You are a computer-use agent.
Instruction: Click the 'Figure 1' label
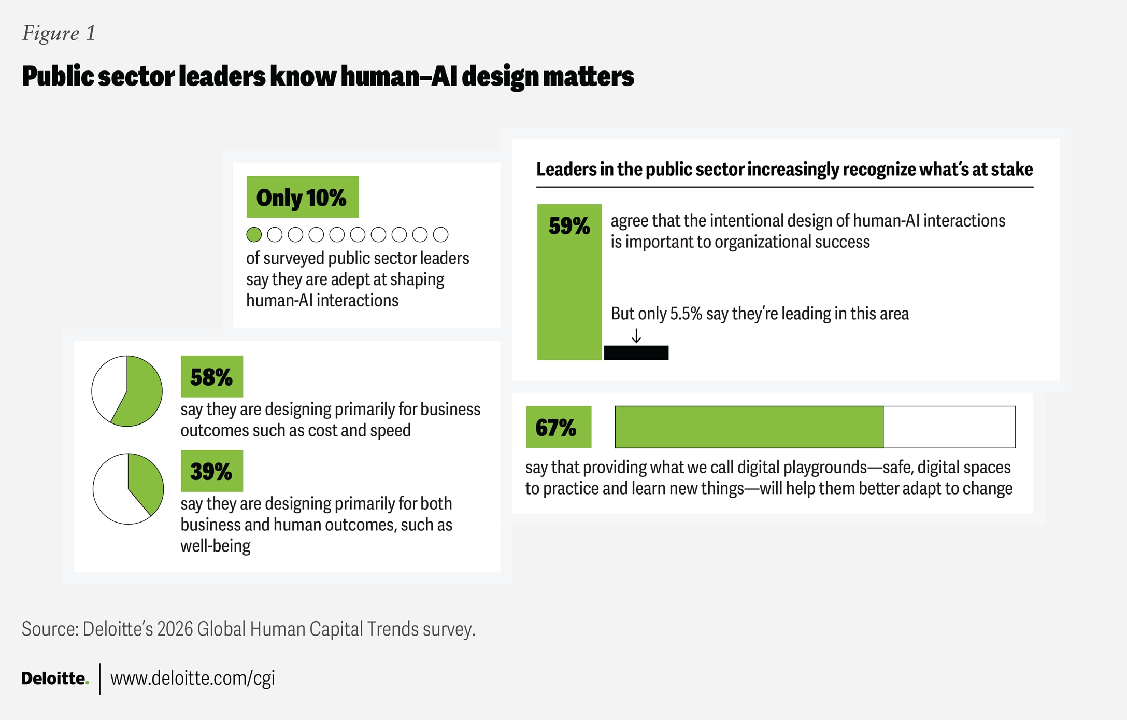click(59, 33)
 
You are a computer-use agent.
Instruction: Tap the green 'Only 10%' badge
click(302, 197)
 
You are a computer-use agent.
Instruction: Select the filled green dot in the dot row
click(254, 235)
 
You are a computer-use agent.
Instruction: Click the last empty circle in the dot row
click(440, 235)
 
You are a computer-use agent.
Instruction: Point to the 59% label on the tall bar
click(569, 227)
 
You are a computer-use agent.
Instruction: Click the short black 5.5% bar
click(636, 353)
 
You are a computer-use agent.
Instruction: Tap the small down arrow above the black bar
click(636, 336)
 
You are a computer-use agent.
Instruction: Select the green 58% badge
click(211, 377)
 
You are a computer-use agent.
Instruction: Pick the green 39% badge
click(211, 471)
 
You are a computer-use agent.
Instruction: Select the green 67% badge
click(558, 427)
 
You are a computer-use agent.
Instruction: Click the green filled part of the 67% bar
click(749, 427)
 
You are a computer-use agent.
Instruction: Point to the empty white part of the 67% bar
click(949, 427)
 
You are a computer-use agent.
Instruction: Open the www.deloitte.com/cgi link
click(192, 678)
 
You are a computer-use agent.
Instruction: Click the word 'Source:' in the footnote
click(50, 629)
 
